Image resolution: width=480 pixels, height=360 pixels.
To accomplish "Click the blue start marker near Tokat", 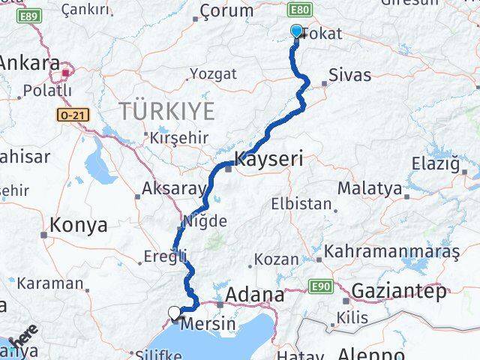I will (296, 31).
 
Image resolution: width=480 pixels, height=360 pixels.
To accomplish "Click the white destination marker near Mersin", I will (175, 313).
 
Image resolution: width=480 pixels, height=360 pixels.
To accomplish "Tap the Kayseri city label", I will (268, 159).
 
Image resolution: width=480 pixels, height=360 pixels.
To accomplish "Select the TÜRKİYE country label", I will (166, 112).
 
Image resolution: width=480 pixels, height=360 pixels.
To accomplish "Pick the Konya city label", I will (78, 224).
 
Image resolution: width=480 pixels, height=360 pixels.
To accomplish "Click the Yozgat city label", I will (213, 74).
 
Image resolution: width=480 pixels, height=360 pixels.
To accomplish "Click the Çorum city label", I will (228, 11).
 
